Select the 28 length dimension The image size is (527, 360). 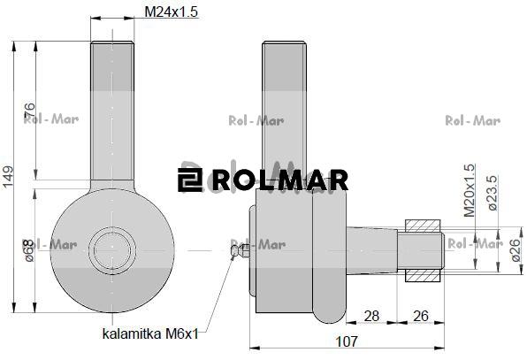tap(371, 316)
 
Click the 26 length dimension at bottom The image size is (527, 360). tap(421, 316)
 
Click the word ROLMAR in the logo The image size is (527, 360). tap(279, 180)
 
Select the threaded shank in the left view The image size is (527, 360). tap(111, 106)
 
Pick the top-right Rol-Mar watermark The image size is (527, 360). tap(472, 121)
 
